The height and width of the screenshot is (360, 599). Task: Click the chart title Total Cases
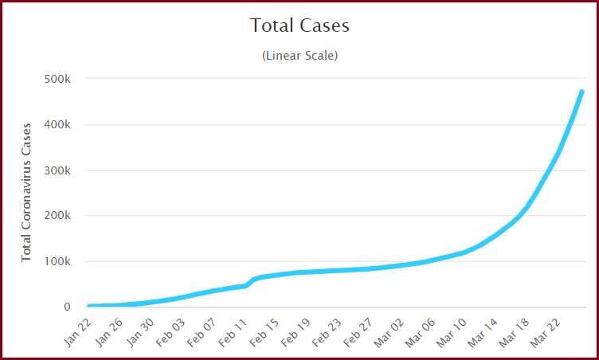(299, 25)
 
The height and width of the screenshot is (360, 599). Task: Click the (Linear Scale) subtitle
(299, 56)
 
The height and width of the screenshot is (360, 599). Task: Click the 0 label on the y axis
(67, 307)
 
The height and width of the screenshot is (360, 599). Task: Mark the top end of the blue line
(581, 92)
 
